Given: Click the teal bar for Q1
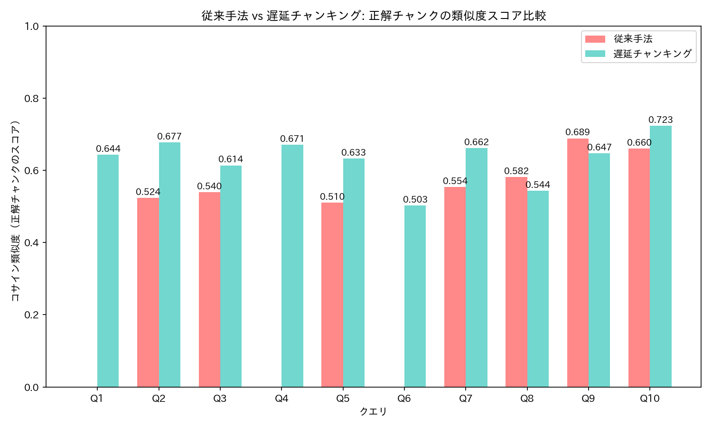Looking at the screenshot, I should pyautogui.click(x=108, y=270).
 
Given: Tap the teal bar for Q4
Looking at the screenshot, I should pyautogui.click(x=292, y=266).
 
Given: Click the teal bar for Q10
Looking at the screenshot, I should pyautogui.click(x=661, y=256).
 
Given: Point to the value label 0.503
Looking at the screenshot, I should pyautogui.click(x=415, y=200).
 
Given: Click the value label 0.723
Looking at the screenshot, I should pyautogui.click(x=661, y=120).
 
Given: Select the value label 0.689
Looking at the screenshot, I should pyautogui.click(x=578, y=132).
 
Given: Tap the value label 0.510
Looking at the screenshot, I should pyautogui.click(x=332, y=197).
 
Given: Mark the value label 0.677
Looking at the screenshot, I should pyautogui.click(x=169, y=137).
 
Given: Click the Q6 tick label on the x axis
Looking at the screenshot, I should pyautogui.click(x=404, y=399).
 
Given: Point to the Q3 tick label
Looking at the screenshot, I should pyautogui.click(x=220, y=399).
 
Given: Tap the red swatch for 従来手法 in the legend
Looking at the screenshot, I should pyautogui.click(x=595, y=39).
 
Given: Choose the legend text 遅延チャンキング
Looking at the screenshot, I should pyautogui.click(x=652, y=54).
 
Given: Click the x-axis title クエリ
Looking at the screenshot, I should pyautogui.click(x=374, y=412).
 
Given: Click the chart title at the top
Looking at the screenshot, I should pyautogui.click(x=374, y=16).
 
